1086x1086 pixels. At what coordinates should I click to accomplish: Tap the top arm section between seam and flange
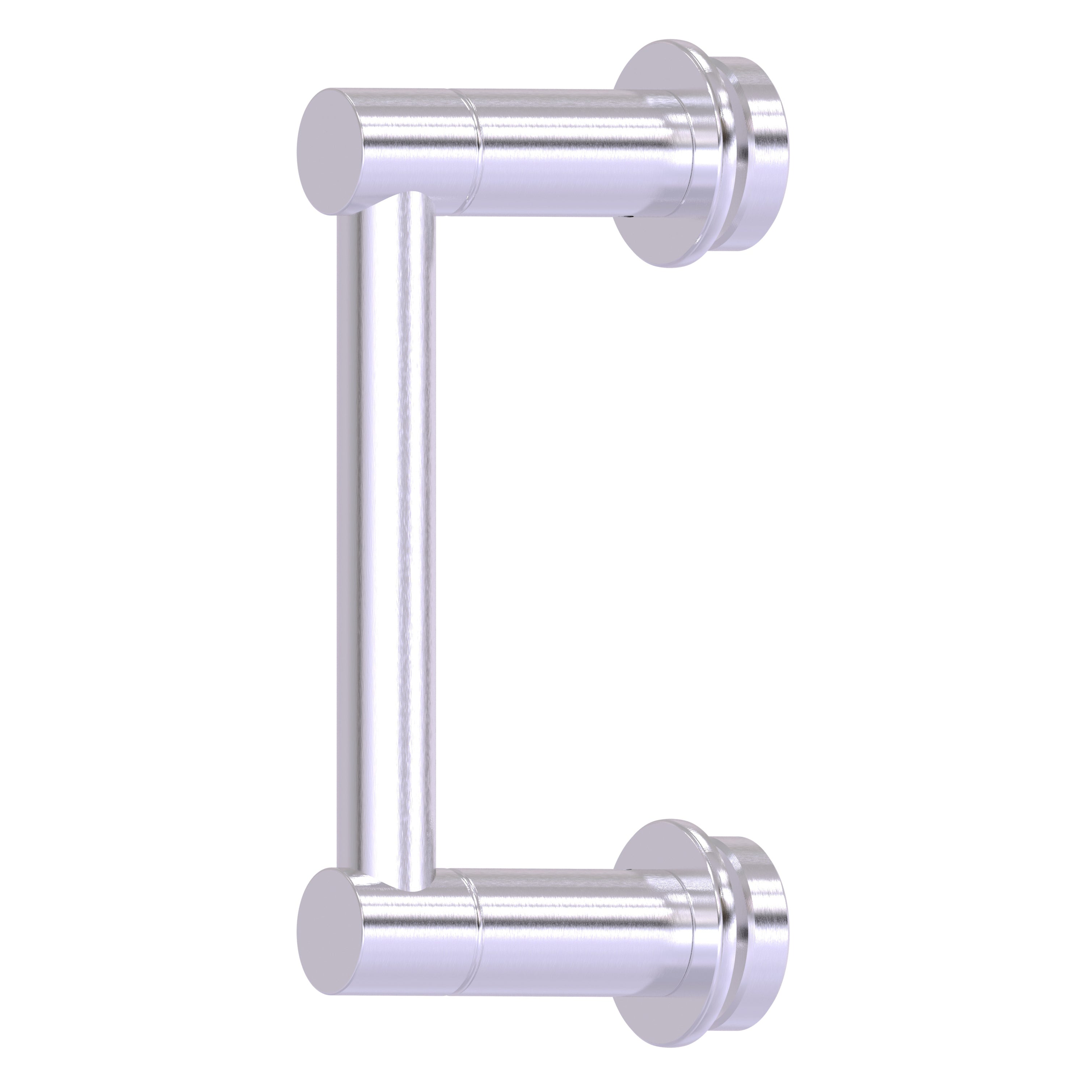[573, 152]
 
